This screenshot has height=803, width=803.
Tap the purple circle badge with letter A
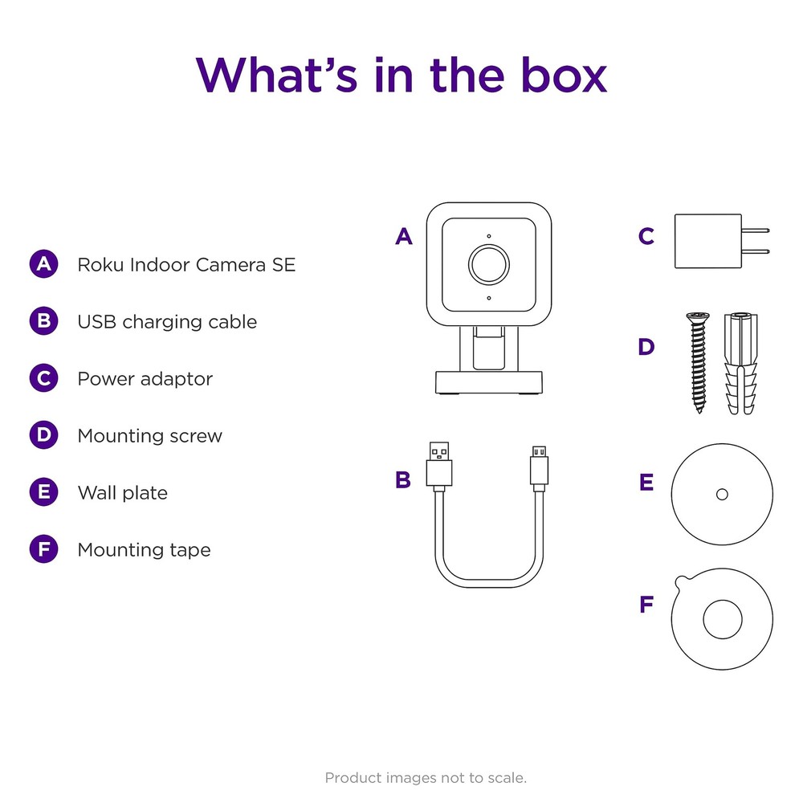[x=43, y=264]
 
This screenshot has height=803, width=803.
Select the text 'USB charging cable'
[x=167, y=322]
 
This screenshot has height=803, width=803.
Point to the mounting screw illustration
[x=697, y=362]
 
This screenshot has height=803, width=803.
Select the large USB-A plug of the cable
[x=439, y=464]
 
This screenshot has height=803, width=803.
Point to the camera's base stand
[x=488, y=382]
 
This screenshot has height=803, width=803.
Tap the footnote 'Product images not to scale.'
[x=426, y=777]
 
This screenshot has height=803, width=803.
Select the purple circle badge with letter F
[x=43, y=550]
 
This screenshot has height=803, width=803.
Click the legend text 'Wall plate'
[x=122, y=493]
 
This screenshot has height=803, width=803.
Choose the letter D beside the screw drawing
[x=646, y=348]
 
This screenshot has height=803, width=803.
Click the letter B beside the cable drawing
[x=403, y=480]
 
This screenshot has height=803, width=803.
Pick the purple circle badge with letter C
[x=43, y=378]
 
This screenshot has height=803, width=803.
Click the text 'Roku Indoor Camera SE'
[x=186, y=264]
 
